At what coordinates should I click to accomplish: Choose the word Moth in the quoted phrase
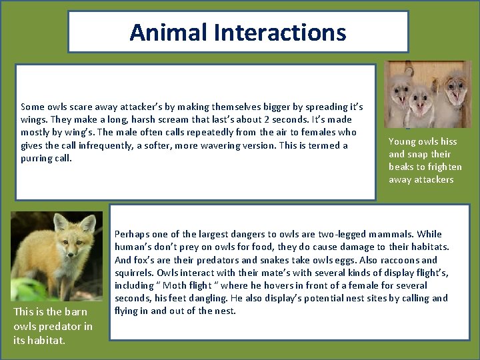(x=171, y=285)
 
